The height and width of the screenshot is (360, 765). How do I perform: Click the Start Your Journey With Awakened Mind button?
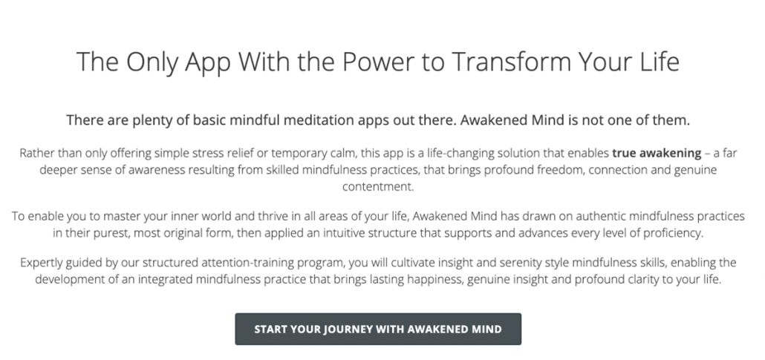click(x=378, y=330)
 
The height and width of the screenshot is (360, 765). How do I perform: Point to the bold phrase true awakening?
click(x=657, y=153)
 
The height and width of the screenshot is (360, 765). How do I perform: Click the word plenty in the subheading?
click(x=149, y=120)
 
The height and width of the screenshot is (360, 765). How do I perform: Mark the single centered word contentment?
click(x=377, y=186)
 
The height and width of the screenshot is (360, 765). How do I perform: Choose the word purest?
click(x=112, y=233)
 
